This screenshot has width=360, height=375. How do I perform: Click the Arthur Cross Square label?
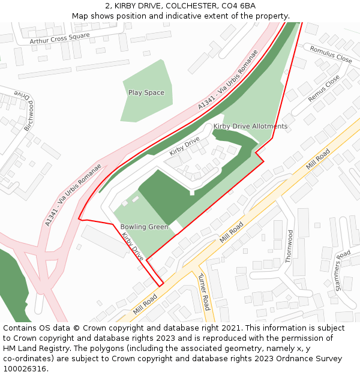tap(59, 38)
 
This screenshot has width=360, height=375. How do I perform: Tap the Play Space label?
tap(146, 92)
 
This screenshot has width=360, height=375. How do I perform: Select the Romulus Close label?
tap(331, 55)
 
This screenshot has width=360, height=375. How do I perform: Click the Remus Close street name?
tap(323, 88)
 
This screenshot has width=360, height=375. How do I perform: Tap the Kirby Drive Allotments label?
tap(250, 126)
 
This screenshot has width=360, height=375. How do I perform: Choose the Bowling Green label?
tap(144, 227)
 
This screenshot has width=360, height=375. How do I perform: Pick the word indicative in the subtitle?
tap(172, 16)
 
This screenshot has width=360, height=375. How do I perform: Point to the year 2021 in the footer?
tap(227, 328)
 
